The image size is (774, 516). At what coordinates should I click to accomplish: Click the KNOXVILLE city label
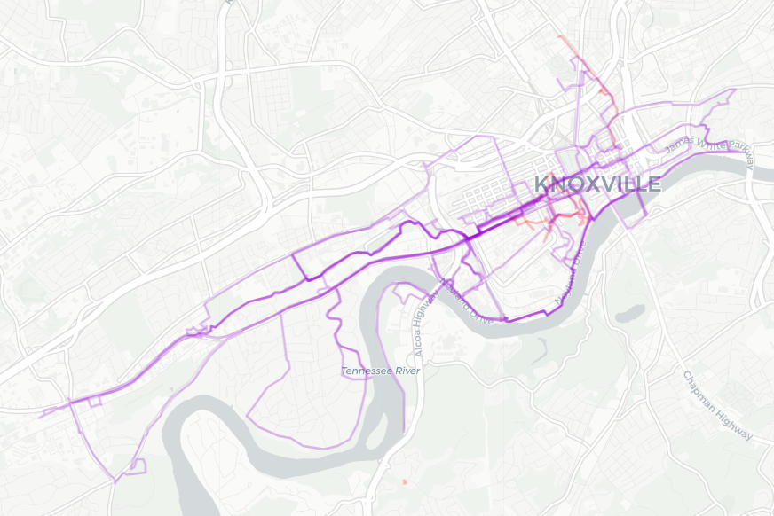tap(597, 184)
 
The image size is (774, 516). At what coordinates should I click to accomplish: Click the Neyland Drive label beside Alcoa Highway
tap(467, 302)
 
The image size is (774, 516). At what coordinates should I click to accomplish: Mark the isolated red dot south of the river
tap(405, 481)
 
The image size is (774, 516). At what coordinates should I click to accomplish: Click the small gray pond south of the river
tap(631, 313)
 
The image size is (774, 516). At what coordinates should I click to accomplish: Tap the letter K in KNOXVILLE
tap(541, 184)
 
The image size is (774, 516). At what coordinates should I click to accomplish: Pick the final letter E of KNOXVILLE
tap(653, 184)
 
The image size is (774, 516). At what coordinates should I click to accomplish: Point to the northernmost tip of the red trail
tap(559, 37)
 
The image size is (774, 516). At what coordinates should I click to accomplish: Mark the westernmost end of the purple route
tap(41, 414)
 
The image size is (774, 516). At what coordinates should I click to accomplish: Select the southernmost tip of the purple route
tap(115, 481)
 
